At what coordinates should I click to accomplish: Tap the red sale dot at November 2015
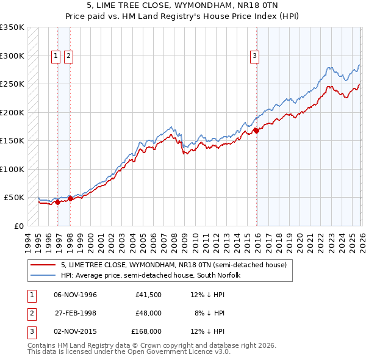click(256, 130)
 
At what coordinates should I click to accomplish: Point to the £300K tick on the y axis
click(12, 56)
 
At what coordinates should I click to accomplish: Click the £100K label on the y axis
click(12, 169)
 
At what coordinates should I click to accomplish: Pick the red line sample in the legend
click(43, 265)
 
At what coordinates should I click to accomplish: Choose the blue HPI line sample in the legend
click(43, 275)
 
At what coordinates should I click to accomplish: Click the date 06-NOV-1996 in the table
click(75, 295)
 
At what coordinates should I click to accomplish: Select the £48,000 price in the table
click(149, 313)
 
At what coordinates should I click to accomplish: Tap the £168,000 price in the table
click(147, 331)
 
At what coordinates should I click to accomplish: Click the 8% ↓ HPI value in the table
click(210, 313)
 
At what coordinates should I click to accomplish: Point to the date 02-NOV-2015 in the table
click(75, 331)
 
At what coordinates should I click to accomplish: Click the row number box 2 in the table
click(30, 313)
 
